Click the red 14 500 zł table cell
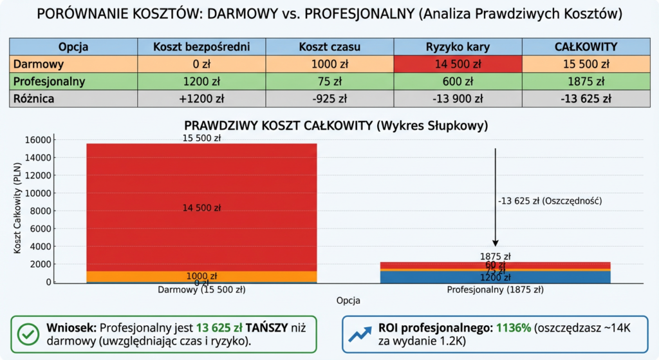click(x=458, y=64)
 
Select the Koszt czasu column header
click(x=329, y=46)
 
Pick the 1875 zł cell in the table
click(x=586, y=81)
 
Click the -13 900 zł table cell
click(x=458, y=99)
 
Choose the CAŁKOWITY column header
click(x=586, y=46)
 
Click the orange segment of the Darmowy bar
click(x=201, y=276)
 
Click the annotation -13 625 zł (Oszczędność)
click(x=549, y=201)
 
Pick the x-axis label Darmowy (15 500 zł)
click(x=201, y=290)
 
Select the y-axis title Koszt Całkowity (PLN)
click(x=17, y=210)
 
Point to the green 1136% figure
click(x=513, y=327)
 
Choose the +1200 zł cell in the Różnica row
click(x=201, y=99)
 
